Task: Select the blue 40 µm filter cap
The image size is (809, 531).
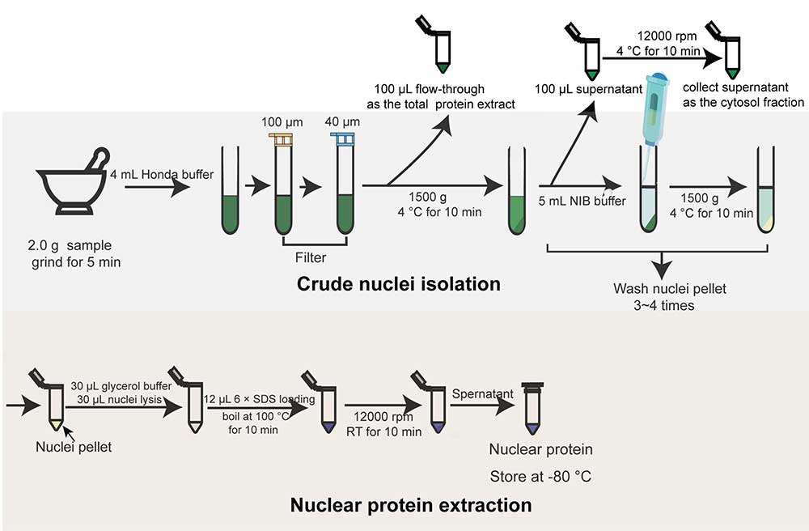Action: [x=343, y=138]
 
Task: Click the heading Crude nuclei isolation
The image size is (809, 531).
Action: [x=398, y=284]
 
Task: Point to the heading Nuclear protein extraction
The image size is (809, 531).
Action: [x=411, y=504]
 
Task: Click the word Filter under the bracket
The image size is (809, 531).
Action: [x=311, y=257]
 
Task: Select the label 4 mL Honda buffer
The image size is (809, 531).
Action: [x=162, y=174]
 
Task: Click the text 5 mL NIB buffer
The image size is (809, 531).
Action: [x=582, y=201]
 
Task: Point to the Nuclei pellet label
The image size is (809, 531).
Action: [x=74, y=447]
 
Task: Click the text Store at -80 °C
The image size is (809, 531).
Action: [x=540, y=476]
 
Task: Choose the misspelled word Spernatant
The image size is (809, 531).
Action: [x=482, y=394]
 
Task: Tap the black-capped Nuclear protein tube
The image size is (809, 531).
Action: [x=532, y=409]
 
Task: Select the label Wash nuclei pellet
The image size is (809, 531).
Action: [x=670, y=288]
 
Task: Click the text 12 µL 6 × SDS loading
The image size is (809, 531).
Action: [x=259, y=399]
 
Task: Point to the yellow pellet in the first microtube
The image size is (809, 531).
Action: [x=56, y=425]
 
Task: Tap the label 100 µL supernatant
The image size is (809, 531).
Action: [x=588, y=89]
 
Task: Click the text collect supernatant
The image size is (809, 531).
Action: [x=735, y=87]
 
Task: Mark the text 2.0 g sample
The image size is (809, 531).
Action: [x=70, y=245]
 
